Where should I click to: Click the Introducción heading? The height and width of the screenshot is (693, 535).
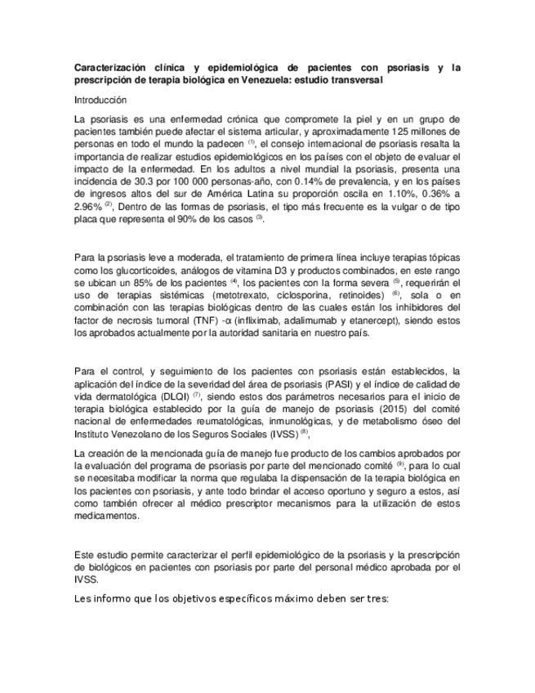point(100,100)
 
